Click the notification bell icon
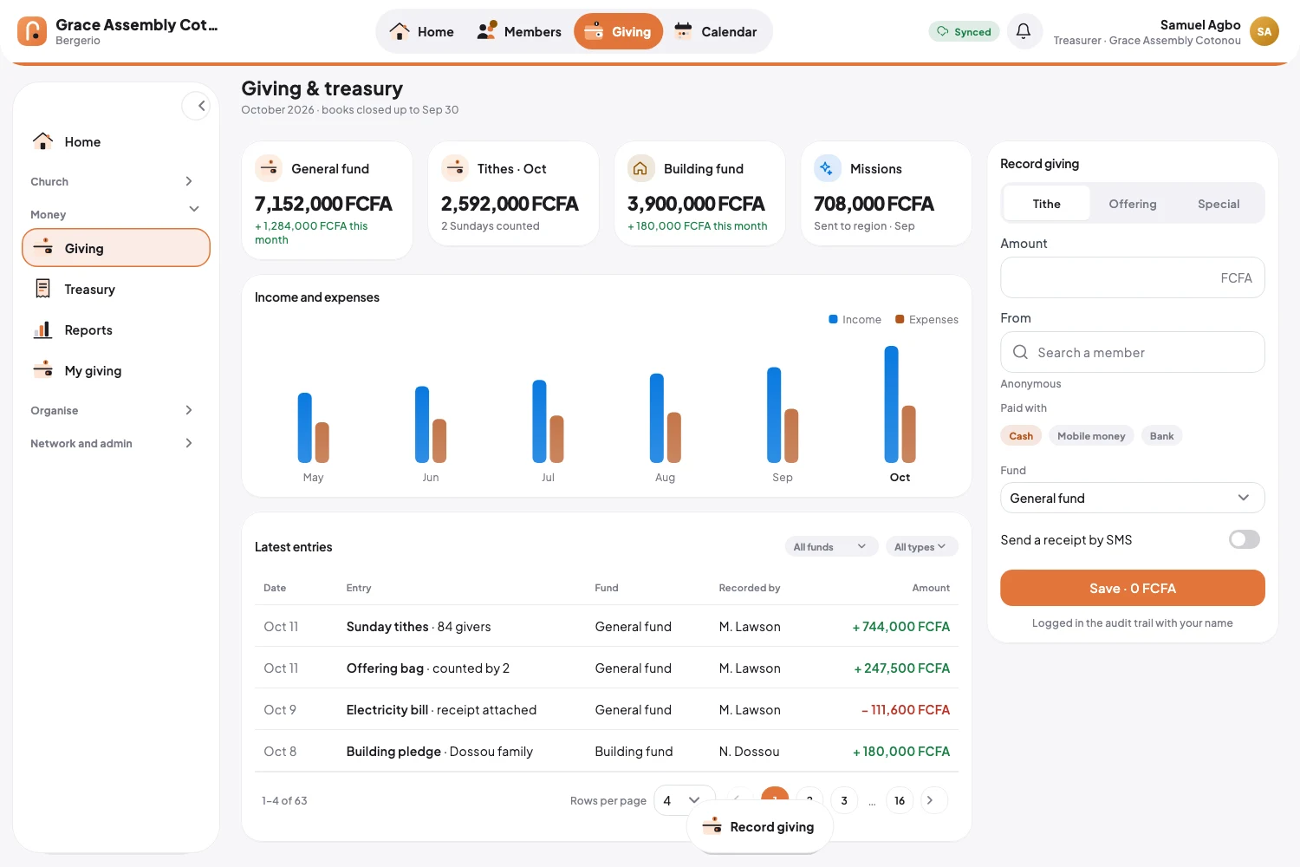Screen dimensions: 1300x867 [x=1024, y=30]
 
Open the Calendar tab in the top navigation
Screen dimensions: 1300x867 [x=716, y=31]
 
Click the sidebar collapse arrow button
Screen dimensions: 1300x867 [x=196, y=106]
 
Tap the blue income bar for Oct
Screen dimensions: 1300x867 [x=891, y=404]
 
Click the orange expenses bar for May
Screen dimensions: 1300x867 [x=322, y=442]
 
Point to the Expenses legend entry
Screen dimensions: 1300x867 [x=926, y=319]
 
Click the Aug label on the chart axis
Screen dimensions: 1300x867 [x=665, y=477]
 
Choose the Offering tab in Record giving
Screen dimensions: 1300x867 [x=1132, y=203]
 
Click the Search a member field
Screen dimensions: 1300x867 [x=1132, y=352]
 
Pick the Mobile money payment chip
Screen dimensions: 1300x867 [x=1090, y=435]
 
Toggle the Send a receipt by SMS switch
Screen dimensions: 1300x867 [x=1244, y=539]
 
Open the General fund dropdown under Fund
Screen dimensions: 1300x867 [x=1132, y=498]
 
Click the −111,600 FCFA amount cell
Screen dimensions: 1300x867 [x=906, y=709]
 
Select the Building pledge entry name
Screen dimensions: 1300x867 [x=393, y=751]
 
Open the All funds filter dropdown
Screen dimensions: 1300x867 [x=830, y=546]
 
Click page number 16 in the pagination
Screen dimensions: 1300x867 [x=899, y=800]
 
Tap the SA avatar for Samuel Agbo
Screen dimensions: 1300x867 [x=1264, y=31]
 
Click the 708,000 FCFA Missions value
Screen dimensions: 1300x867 [x=874, y=203]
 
